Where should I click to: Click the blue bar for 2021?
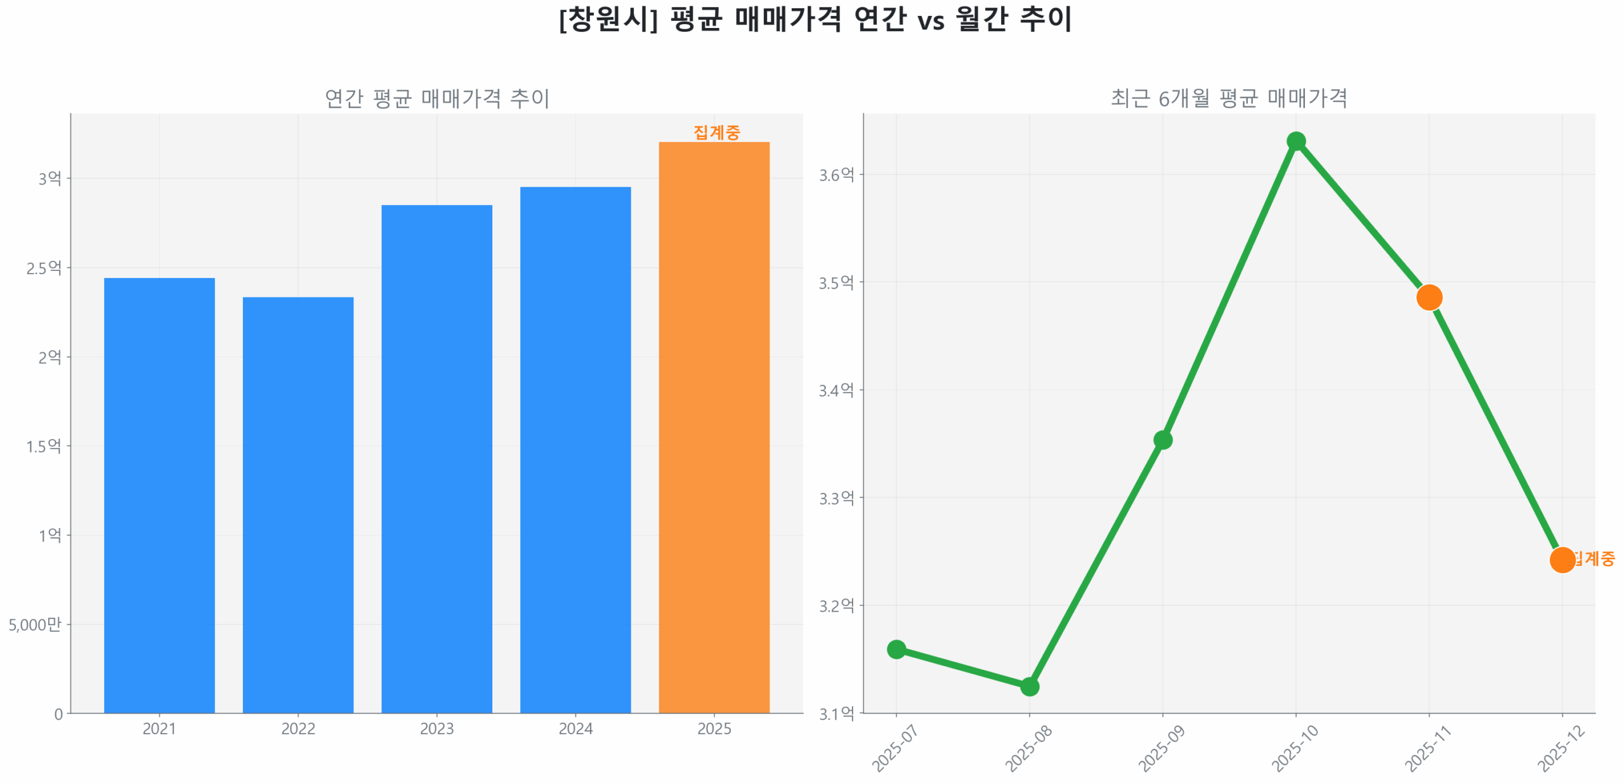point(159,495)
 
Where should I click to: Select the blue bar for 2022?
point(298,504)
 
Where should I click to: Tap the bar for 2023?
point(436,458)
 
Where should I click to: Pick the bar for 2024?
point(575,449)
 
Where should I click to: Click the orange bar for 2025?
point(714,427)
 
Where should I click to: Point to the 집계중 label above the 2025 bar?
point(716,132)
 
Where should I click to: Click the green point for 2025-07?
point(896,648)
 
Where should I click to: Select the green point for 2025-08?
point(1029,686)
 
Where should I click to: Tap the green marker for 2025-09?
point(1162,440)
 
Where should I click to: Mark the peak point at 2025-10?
point(1295,141)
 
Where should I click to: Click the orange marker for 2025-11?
point(1429,297)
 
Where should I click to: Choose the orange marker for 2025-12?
point(1562,560)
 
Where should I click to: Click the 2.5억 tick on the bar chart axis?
point(44,268)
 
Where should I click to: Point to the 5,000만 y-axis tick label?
point(35,624)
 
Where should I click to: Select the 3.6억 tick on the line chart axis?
point(836,174)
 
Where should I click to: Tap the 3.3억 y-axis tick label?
point(836,498)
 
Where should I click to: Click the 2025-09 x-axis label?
point(1162,749)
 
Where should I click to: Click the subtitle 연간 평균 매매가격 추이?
point(436,98)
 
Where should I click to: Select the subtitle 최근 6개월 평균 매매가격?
point(1228,98)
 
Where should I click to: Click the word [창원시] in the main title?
point(608,19)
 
